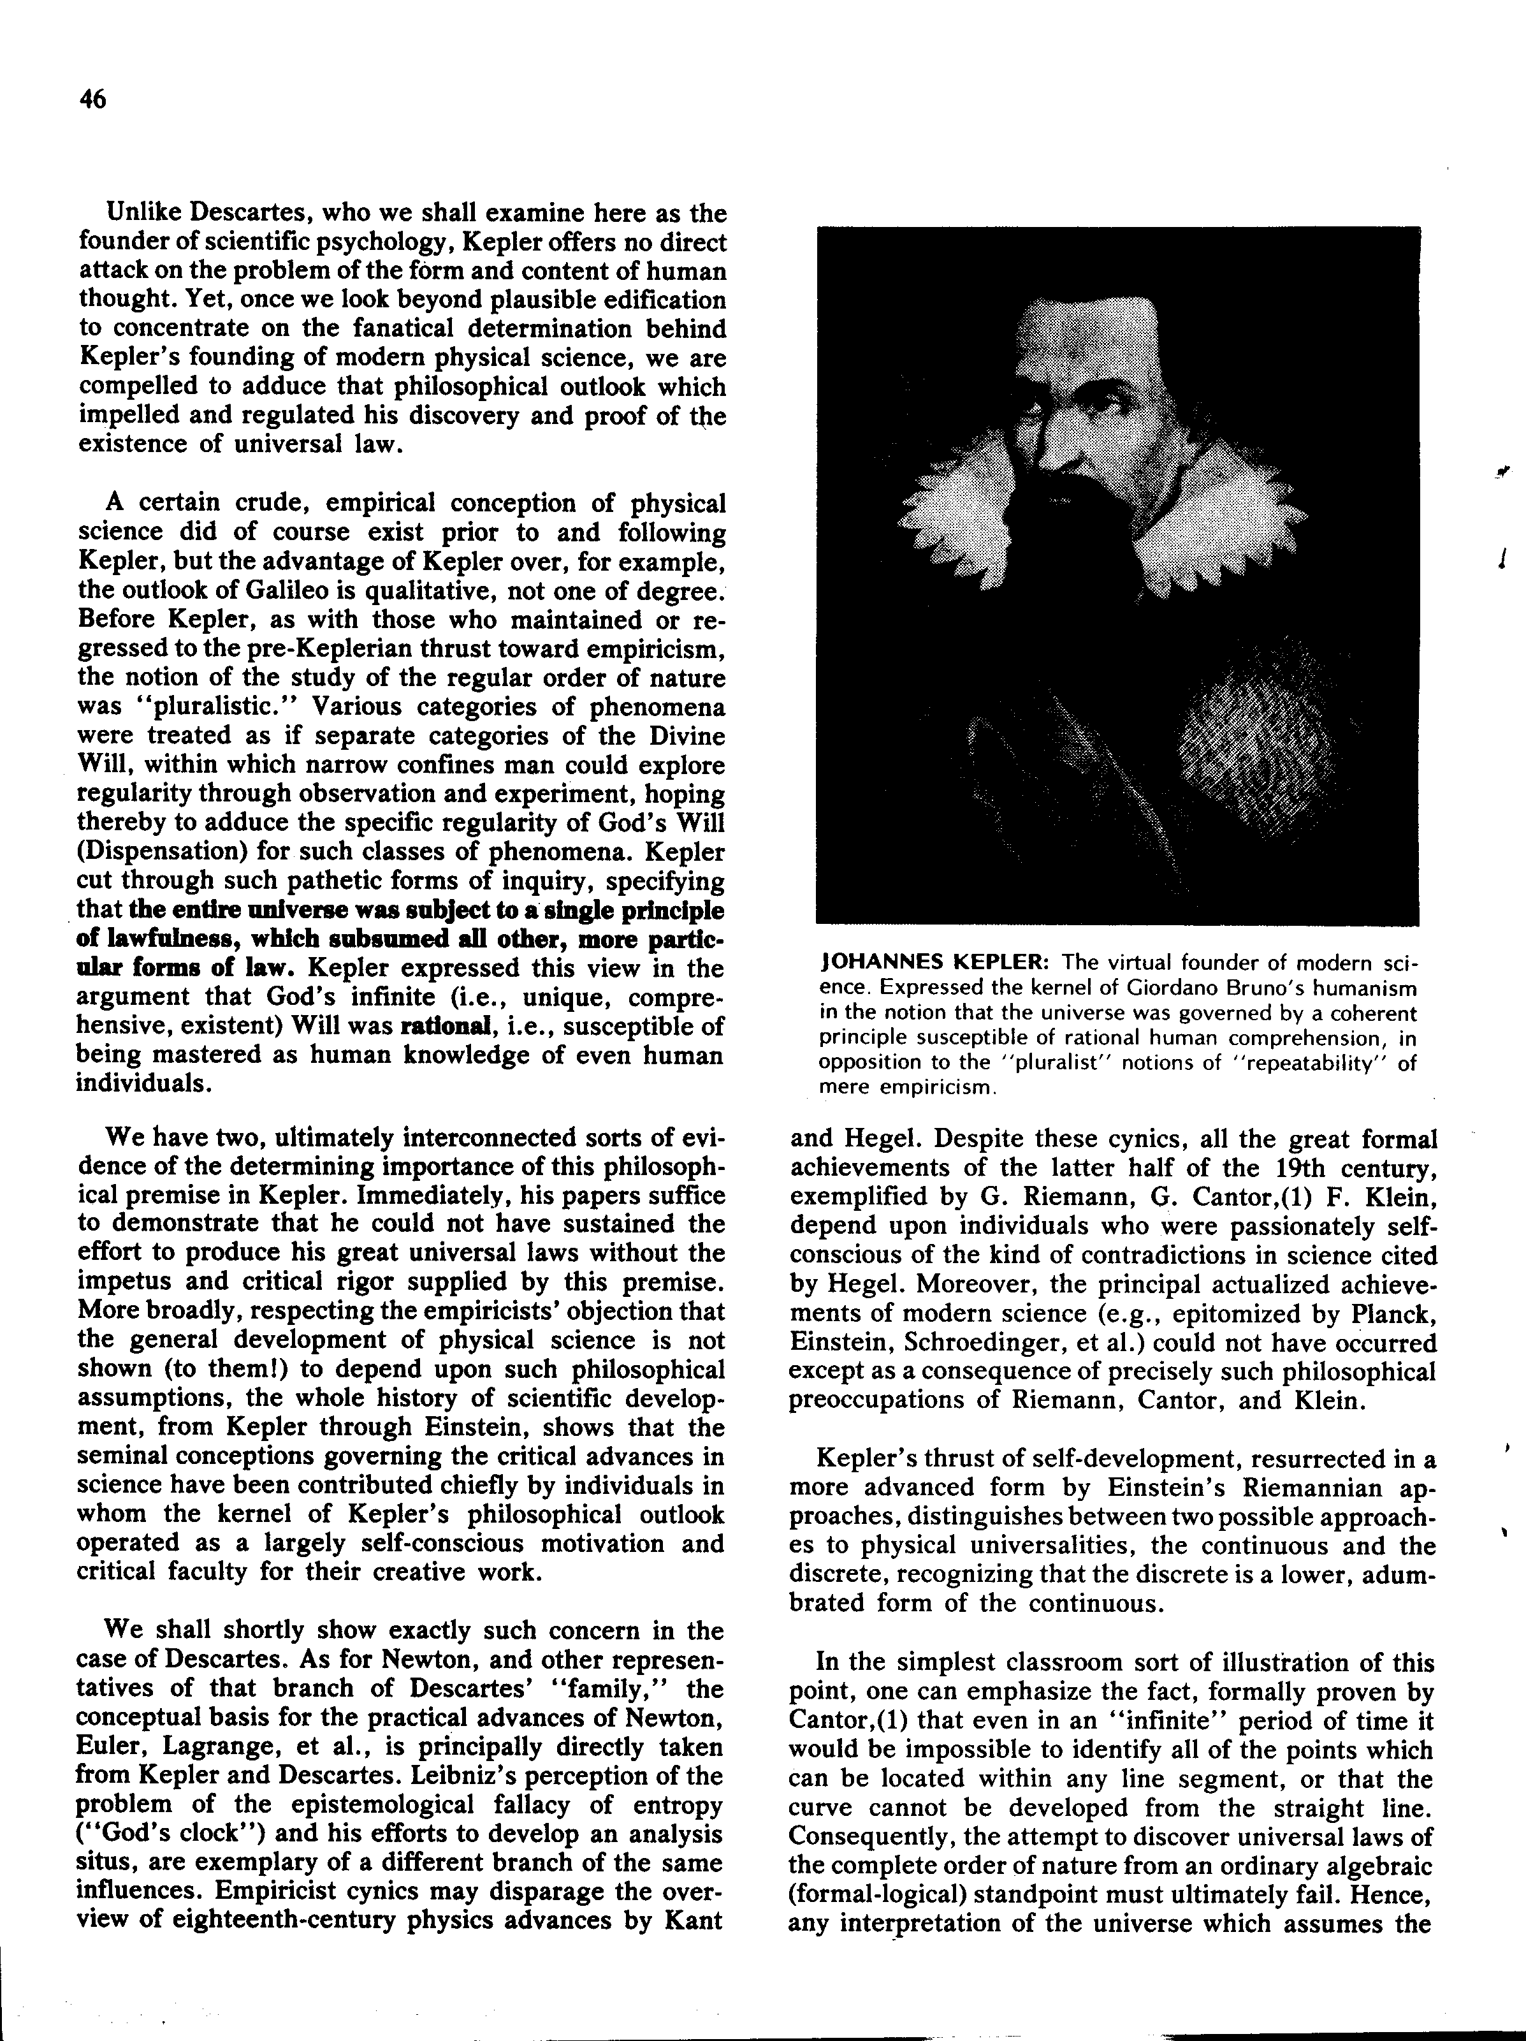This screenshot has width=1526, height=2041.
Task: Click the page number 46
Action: pos(93,99)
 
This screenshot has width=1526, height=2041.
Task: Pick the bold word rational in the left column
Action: pos(439,1026)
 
